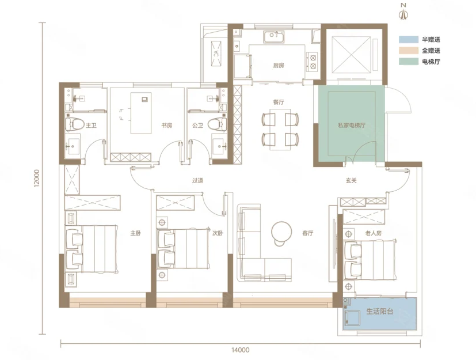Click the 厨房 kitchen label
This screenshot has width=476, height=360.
pyautogui.click(x=279, y=65)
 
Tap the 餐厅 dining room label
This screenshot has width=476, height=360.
pyautogui.click(x=279, y=102)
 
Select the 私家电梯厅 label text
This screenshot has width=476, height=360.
pyautogui.click(x=352, y=125)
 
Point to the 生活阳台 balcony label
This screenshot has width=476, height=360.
pyautogui.click(x=380, y=312)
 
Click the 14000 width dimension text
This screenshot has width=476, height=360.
pyautogui.click(x=241, y=350)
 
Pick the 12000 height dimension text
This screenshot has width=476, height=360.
pyautogui.click(x=37, y=178)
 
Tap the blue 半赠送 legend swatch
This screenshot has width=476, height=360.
pyautogui.click(x=409, y=40)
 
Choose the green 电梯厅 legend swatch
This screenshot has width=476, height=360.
pyautogui.click(x=409, y=62)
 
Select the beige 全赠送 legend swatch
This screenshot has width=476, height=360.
pyautogui.click(x=409, y=51)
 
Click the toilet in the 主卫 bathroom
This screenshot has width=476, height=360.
pyautogui.click(x=74, y=124)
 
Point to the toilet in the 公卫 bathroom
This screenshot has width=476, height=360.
pyautogui.click(x=217, y=124)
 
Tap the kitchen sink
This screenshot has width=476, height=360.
pyautogui.click(x=274, y=37)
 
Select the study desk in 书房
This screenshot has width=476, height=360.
pyautogui.click(x=141, y=113)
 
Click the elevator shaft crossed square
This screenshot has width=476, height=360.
pyautogui.click(x=351, y=55)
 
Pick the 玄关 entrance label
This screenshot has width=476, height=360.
pyautogui.click(x=351, y=181)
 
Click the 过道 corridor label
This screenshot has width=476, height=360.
pyautogui.click(x=197, y=181)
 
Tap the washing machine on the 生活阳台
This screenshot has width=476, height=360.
pyautogui.click(x=352, y=320)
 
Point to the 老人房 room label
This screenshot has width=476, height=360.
pyautogui.click(x=373, y=233)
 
